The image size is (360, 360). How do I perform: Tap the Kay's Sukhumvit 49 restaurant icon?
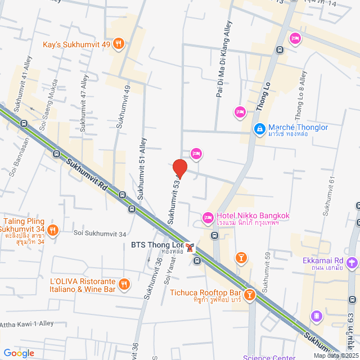[118, 44]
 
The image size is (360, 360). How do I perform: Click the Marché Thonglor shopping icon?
[259, 129]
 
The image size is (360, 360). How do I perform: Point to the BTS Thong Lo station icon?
[190, 246]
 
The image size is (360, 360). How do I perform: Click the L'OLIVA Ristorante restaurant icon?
[124, 285]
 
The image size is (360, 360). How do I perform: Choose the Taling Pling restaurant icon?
[52, 229]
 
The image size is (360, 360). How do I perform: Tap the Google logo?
[18, 353]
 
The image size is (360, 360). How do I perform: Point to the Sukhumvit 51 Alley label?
[141, 169]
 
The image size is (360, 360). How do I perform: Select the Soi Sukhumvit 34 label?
[100, 233]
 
